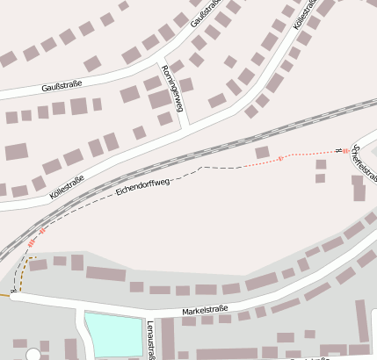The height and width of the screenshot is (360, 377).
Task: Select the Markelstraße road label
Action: coord(205,309)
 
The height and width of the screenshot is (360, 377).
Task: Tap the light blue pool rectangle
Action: coord(113,335)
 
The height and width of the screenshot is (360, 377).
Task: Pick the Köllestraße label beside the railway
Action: coord(66,187)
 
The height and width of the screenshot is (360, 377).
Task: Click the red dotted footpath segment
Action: coord(308,155)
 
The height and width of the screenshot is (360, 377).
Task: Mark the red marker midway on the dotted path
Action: coord(280,159)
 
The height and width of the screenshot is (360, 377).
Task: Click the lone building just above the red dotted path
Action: coord(262,152)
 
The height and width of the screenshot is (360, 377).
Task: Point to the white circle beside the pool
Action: coord(33,355)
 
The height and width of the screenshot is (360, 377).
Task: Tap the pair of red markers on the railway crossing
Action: coord(36,237)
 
